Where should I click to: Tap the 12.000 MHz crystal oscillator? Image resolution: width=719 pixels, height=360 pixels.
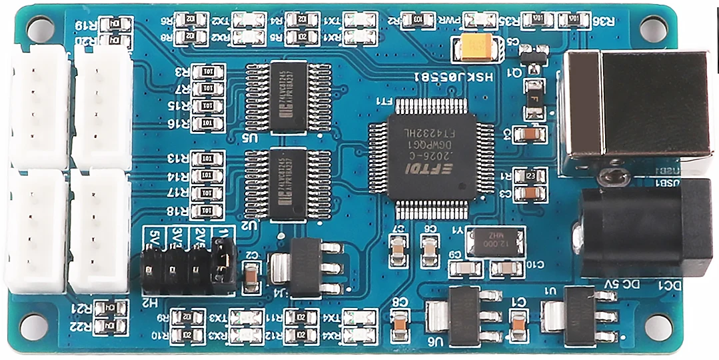(x=494, y=242)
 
